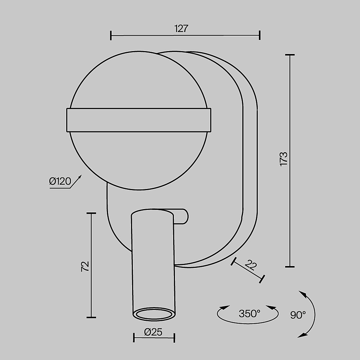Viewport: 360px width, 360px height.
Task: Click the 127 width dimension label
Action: [x=181, y=29]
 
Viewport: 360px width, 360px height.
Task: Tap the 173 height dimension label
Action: [x=284, y=159]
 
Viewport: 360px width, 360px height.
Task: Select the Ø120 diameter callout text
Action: [x=60, y=181]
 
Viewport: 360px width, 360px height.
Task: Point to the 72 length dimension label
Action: [x=85, y=266]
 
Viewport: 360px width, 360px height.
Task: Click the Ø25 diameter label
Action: [x=153, y=332]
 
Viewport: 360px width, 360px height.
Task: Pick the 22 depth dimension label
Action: [x=251, y=265]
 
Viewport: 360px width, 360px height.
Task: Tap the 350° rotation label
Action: [x=249, y=314]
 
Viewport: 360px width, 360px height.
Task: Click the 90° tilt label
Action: [x=298, y=315]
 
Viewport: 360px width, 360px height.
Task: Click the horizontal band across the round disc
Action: [x=139, y=120]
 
